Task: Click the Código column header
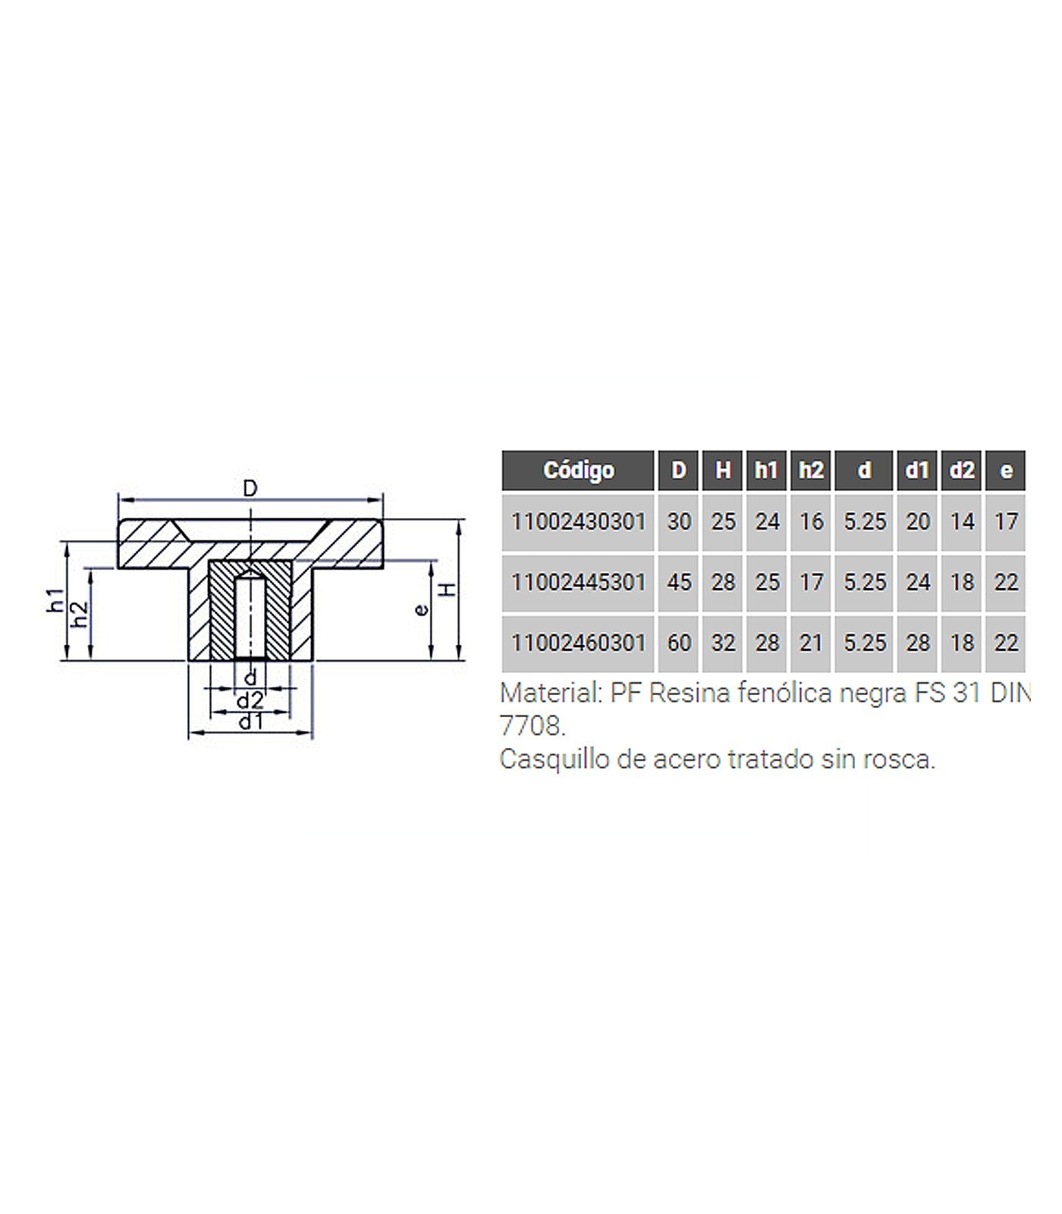[578, 470]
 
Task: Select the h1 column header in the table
[767, 470]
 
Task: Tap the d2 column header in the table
[962, 470]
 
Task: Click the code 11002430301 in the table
[578, 522]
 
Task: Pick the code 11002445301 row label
[578, 583]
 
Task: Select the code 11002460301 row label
[578, 643]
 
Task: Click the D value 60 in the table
[679, 643]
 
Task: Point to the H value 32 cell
[723, 643]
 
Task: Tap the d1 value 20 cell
[918, 522]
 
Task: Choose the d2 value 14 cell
[962, 522]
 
